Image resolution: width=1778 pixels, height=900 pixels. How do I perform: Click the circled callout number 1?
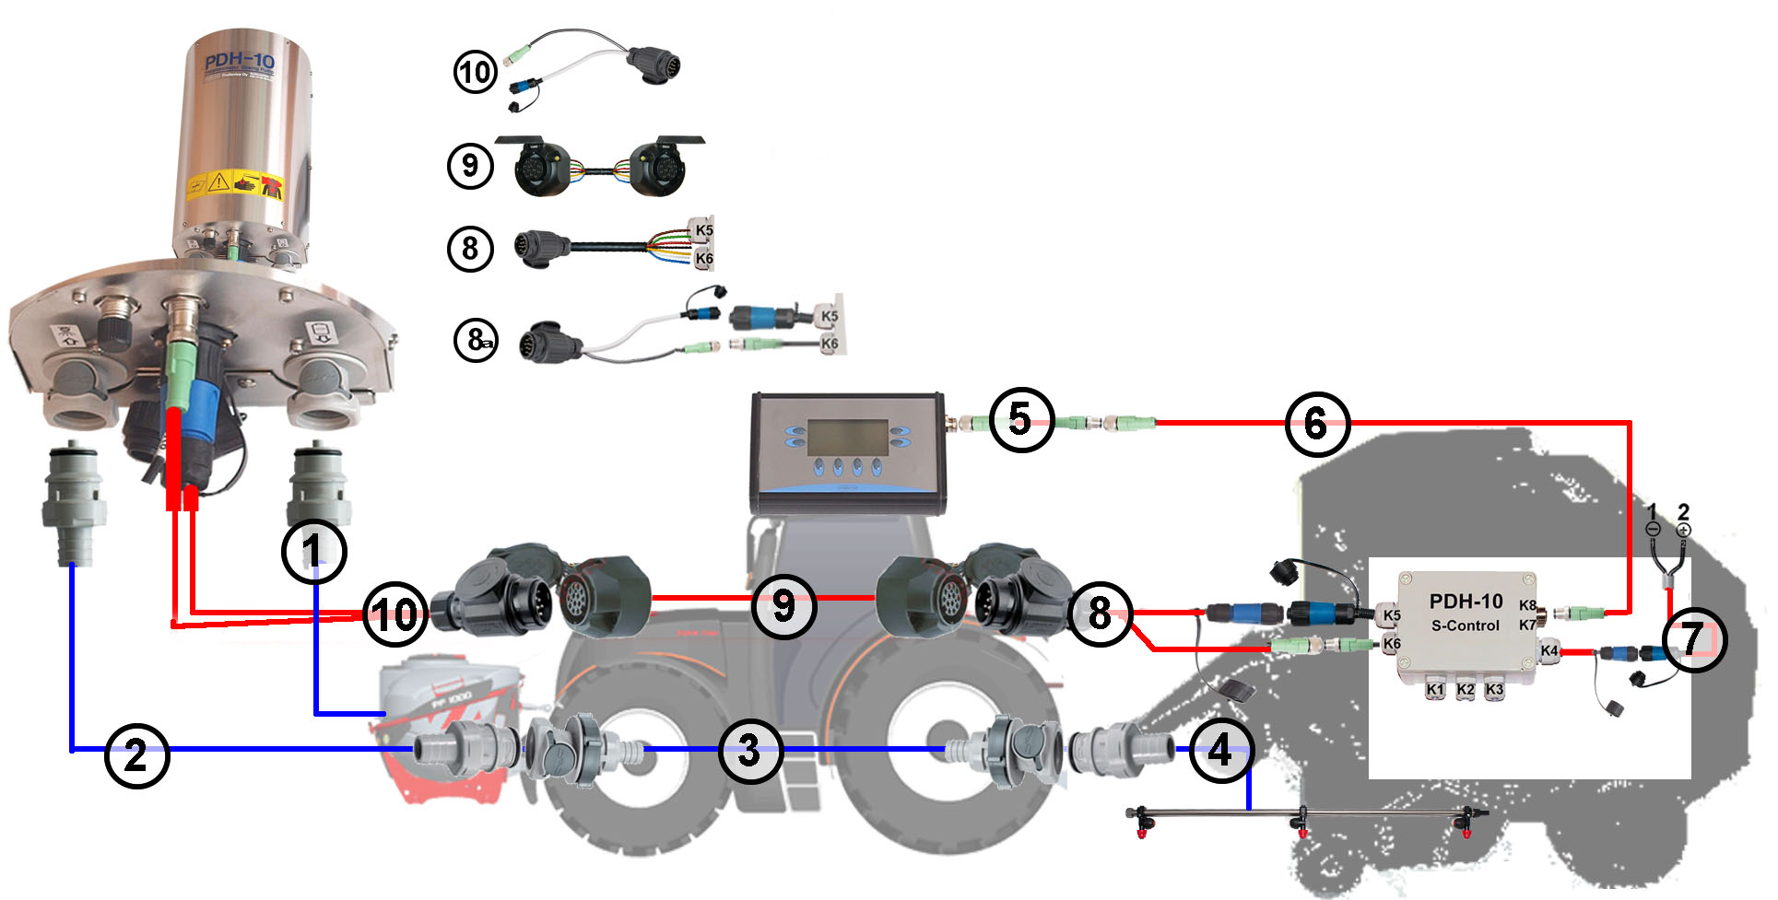[313, 552]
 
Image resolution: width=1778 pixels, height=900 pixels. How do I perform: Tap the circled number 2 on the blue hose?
[136, 756]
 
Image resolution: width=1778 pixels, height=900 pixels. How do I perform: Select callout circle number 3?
[750, 752]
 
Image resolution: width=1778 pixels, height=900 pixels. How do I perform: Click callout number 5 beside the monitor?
[1020, 420]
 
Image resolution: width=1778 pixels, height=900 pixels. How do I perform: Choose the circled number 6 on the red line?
[1316, 425]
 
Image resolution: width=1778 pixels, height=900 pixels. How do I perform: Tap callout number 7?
[1693, 639]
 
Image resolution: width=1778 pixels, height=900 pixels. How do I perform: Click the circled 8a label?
[477, 340]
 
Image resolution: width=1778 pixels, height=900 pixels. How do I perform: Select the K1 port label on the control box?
[1434, 689]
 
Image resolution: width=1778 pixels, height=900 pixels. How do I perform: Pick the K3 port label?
[1494, 689]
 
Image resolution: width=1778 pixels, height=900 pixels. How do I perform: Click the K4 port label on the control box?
[1549, 650]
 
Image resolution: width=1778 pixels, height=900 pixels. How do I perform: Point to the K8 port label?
[1527, 605]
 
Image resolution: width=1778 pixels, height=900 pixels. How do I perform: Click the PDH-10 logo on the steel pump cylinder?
[239, 63]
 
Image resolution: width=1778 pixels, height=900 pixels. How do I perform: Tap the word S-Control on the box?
[1465, 625]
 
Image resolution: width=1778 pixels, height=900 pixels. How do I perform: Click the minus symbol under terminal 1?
[1653, 530]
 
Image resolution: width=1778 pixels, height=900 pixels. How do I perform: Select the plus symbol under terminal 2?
[1683, 530]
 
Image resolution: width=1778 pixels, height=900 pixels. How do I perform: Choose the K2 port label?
[1465, 689]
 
